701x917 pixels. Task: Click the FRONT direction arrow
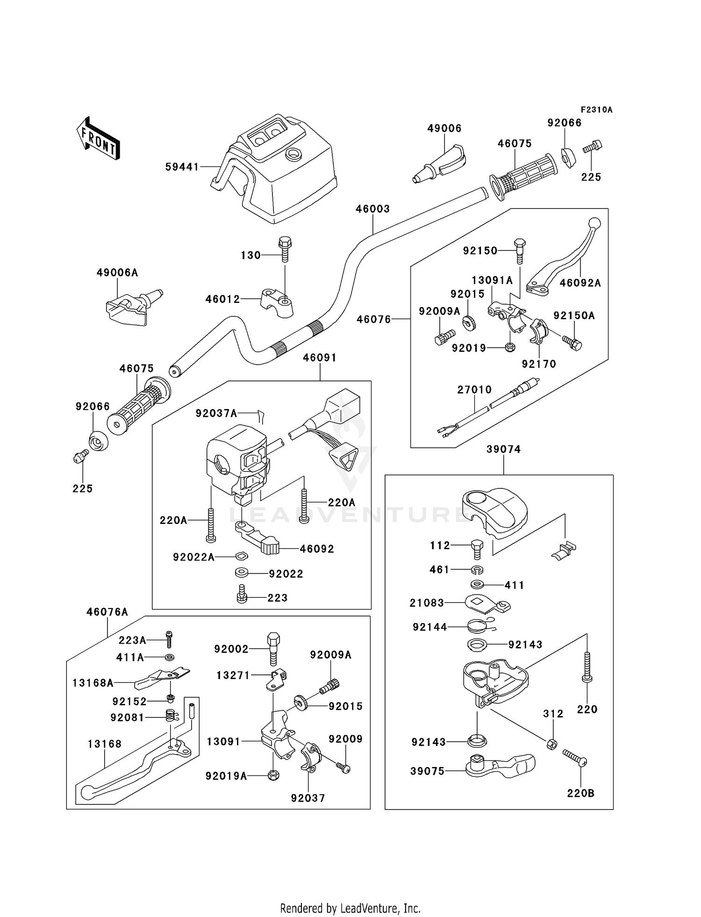99,139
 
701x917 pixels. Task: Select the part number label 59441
182,167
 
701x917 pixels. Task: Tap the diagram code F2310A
596,110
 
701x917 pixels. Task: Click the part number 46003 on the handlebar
372,209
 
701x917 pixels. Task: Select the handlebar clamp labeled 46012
277,302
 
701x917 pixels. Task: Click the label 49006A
117,272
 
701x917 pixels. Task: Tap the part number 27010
474,389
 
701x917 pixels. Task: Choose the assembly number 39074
503,449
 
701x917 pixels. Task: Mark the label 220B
580,793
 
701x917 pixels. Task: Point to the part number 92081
127,717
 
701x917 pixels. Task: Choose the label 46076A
107,612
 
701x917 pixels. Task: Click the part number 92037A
216,413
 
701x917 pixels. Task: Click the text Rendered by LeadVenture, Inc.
350,908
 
